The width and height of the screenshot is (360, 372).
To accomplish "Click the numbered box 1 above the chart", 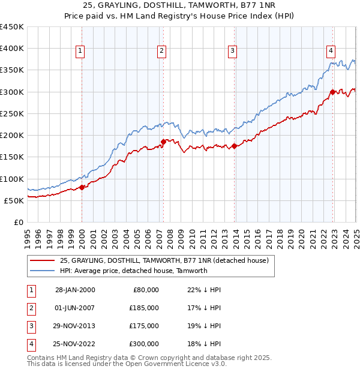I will tap(80, 51).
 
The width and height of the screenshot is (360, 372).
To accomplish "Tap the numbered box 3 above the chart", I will tap(232, 51).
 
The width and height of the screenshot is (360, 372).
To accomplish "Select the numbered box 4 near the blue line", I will tap(331, 51).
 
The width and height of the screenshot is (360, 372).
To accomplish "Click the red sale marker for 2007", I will tap(163, 142).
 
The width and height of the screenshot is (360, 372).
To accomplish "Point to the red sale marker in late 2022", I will tap(332, 92).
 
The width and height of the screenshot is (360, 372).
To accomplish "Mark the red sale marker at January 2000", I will tap(82, 187).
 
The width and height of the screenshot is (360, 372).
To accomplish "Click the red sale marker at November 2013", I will tap(234, 146).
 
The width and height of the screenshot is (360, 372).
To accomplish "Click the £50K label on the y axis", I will tap(14, 200).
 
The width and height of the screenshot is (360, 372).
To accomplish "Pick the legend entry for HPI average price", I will tap(133, 271).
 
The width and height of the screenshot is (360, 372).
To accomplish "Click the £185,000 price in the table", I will tap(144, 308).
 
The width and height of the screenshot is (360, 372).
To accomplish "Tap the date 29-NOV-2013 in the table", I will tap(75, 326).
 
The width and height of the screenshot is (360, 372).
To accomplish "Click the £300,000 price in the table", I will tap(144, 344).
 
